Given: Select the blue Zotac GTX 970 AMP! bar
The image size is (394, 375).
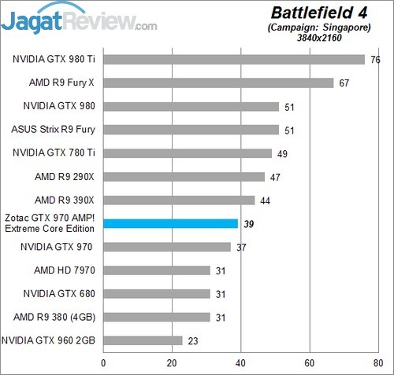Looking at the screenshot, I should point(170,223).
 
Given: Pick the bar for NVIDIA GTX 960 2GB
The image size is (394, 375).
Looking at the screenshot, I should point(143,340).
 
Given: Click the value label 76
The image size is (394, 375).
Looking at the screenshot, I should point(376,59).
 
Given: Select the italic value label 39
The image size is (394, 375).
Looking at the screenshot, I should point(249,223).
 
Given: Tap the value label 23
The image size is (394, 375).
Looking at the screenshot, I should point(194,340).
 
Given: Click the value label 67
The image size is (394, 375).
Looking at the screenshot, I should point(345,83).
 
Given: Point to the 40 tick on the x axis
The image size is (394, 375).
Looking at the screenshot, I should point(240,363).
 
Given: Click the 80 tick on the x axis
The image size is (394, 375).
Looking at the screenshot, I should point(378,363).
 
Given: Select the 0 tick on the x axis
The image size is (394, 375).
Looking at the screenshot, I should point(103,363).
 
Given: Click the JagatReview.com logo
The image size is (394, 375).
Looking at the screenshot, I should point(79,21).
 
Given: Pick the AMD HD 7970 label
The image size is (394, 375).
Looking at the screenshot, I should point(65,270).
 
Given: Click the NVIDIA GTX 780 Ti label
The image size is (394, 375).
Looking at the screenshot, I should point(54,153).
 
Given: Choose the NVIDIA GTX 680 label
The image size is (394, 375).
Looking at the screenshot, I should point(60,293).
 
